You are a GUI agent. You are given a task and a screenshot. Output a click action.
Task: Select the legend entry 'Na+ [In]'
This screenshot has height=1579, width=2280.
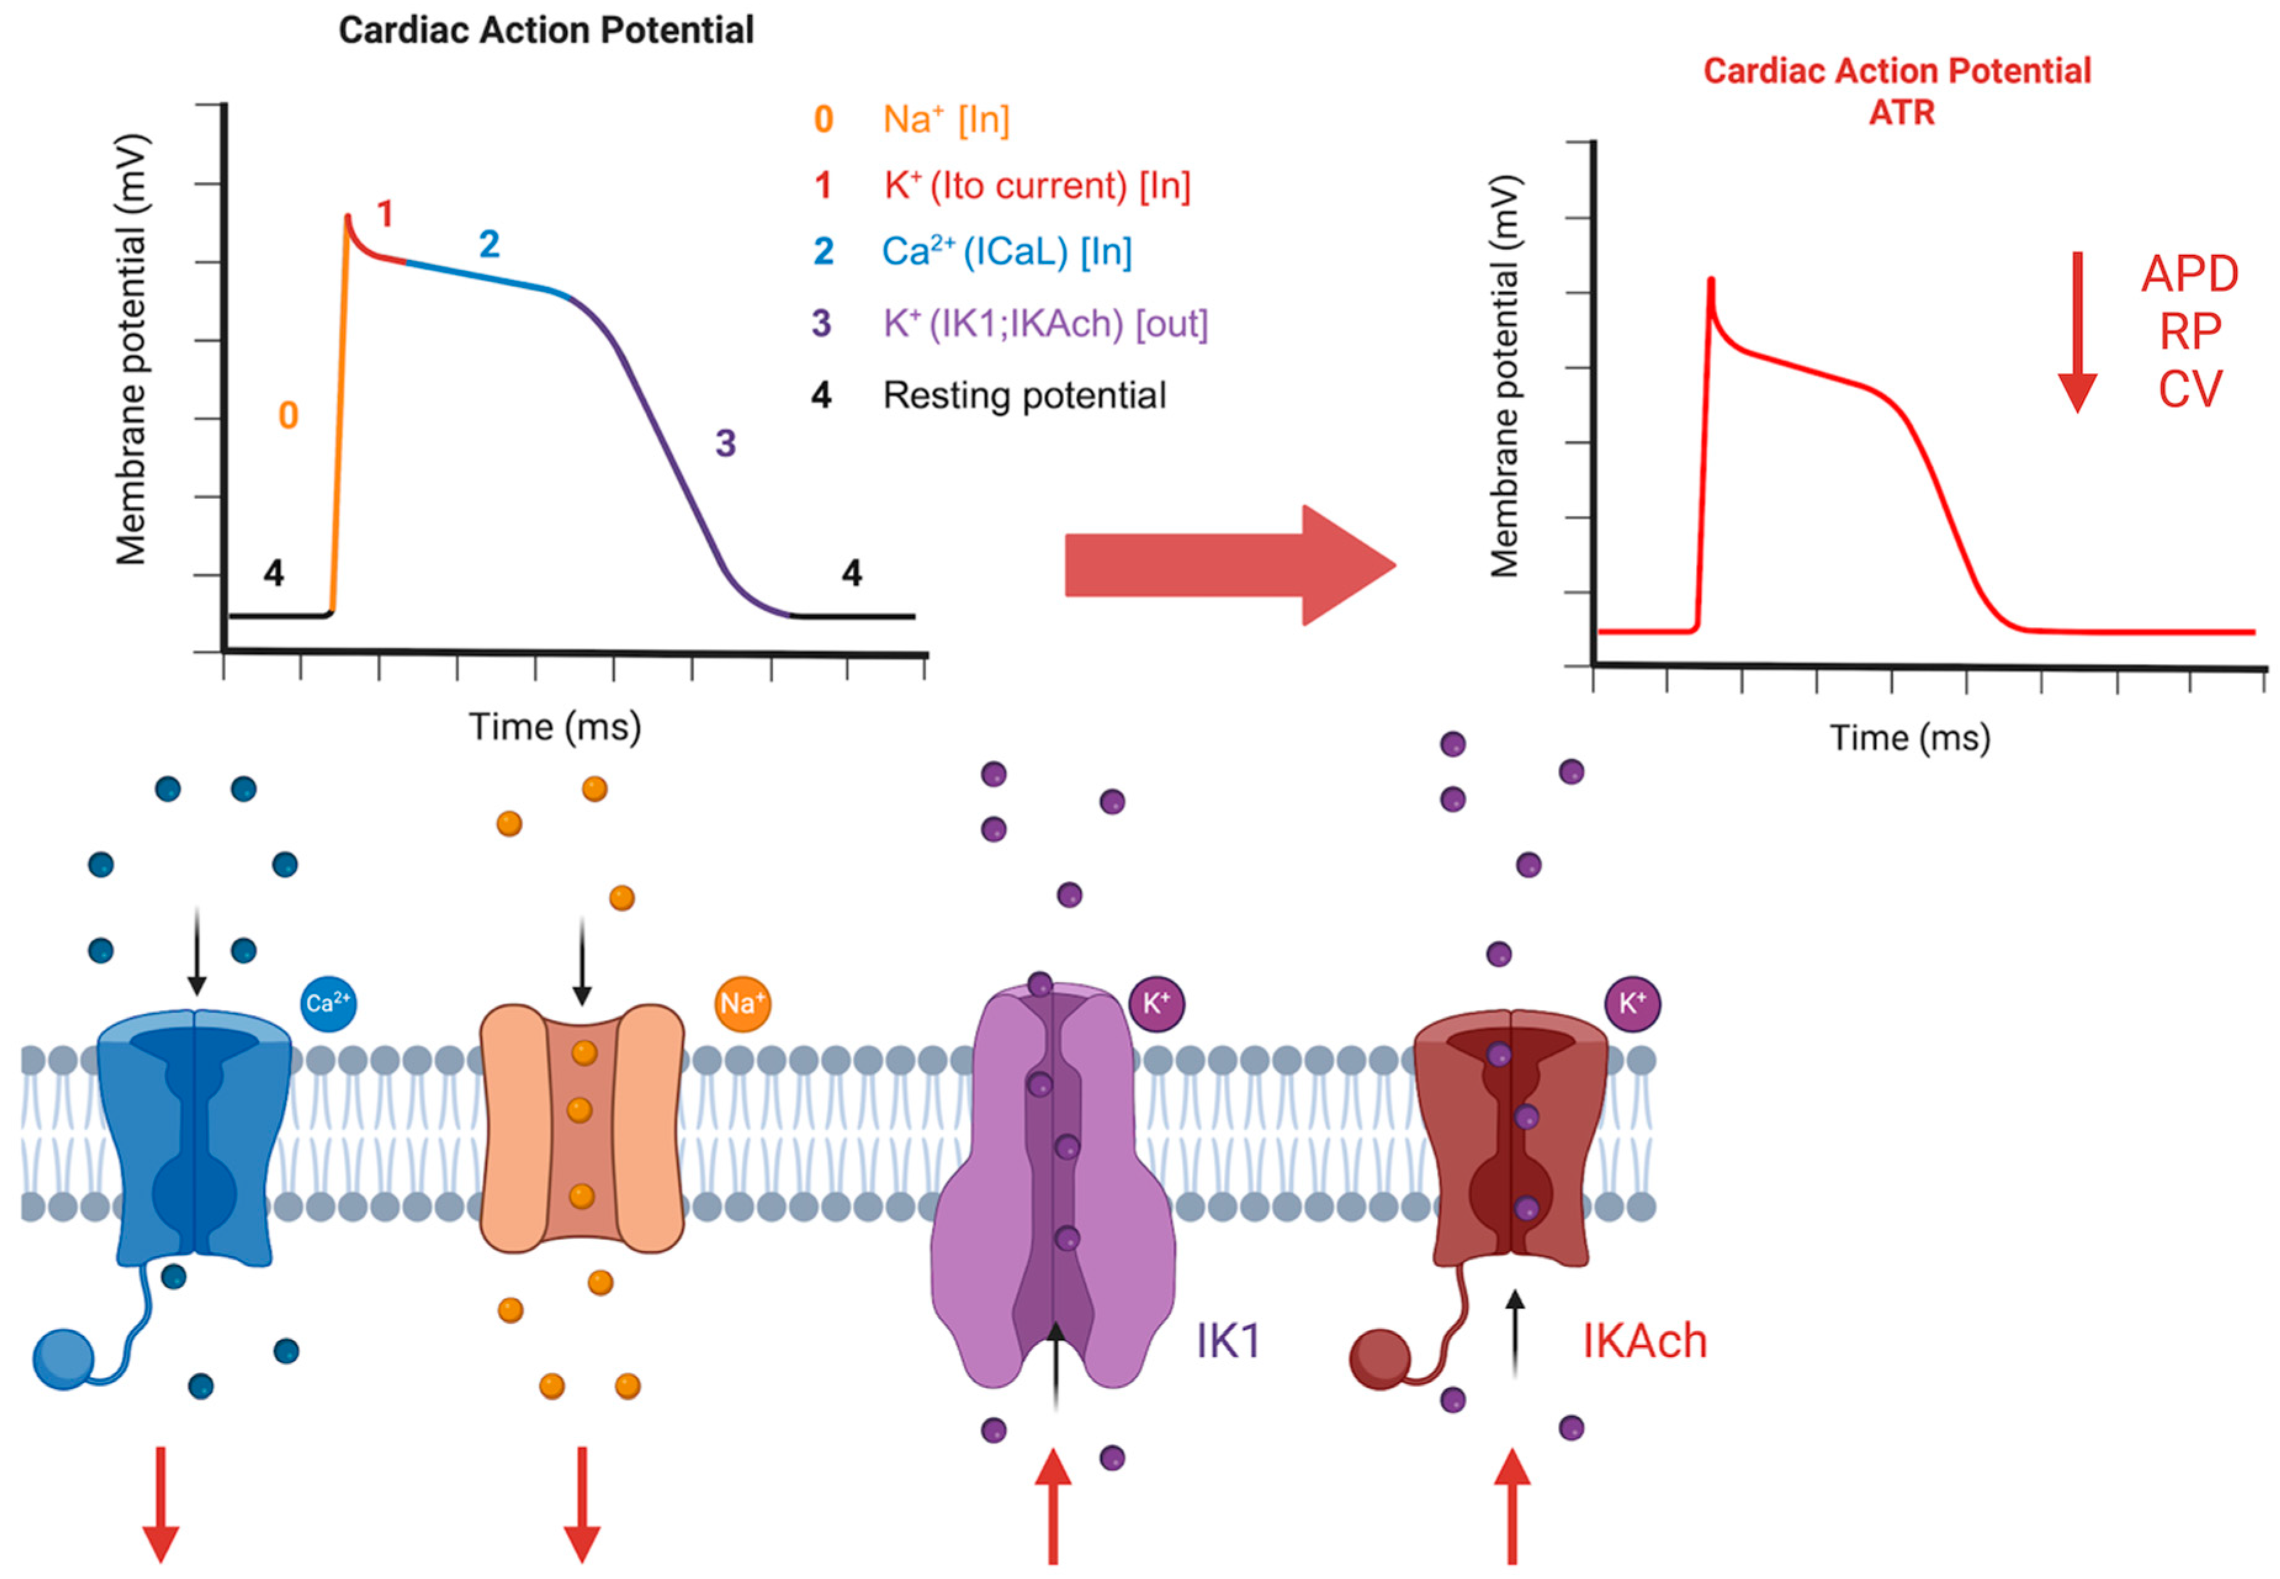point(946,120)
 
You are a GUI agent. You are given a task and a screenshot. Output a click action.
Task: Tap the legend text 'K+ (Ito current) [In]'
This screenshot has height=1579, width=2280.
point(1036,186)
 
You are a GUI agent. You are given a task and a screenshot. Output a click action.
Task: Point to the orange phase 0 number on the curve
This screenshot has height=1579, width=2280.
point(288,415)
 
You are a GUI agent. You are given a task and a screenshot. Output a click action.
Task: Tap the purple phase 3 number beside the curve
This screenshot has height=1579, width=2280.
point(725,443)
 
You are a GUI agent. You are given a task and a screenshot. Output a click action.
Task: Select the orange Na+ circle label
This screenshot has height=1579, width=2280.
point(742,1003)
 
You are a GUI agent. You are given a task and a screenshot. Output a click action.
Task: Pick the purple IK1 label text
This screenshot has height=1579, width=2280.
point(1228,1340)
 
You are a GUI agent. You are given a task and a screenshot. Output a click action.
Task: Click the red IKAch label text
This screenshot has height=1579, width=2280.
point(1644,1340)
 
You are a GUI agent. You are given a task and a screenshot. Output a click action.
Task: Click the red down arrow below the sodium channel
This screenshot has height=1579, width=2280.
point(582,1504)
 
